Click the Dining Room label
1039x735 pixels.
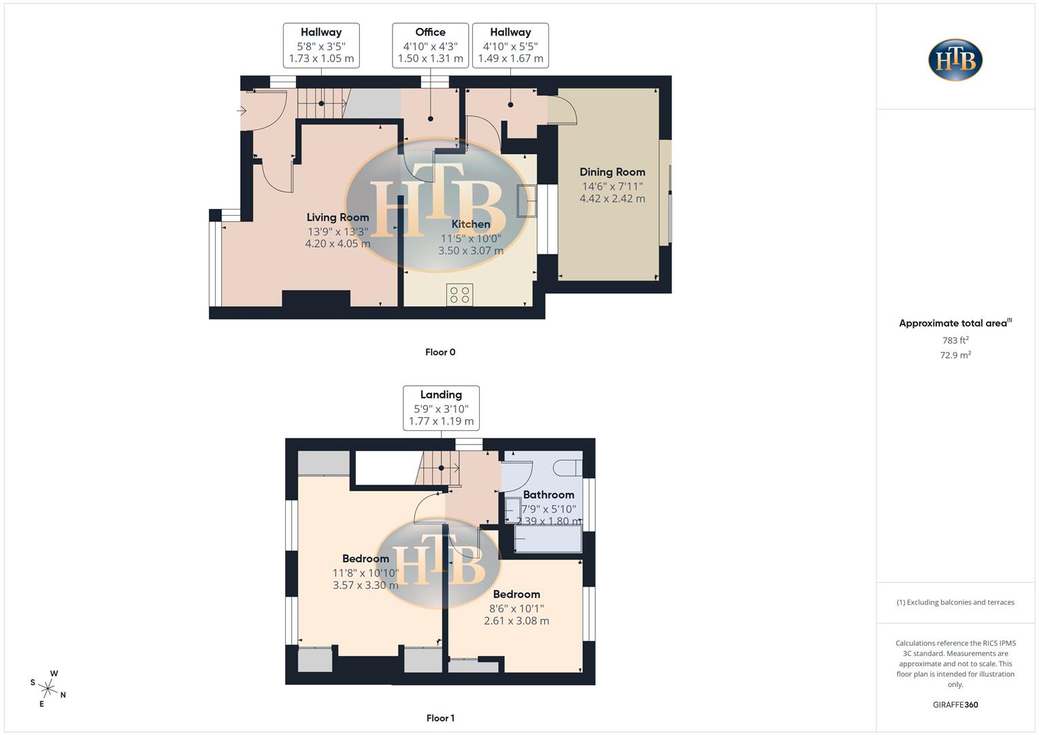(x=612, y=172)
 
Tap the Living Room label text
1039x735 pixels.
(x=337, y=217)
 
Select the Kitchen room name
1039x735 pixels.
(x=470, y=224)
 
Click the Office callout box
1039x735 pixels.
(x=430, y=45)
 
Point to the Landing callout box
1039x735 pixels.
(x=441, y=408)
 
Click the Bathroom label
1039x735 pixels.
(x=548, y=495)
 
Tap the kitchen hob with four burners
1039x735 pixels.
(x=459, y=295)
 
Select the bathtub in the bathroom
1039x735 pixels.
(x=548, y=540)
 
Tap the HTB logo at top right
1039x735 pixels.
(x=955, y=60)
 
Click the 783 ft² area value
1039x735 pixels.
(x=955, y=340)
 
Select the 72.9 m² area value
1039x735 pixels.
(x=955, y=355)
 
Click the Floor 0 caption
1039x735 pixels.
(x=440, y=352)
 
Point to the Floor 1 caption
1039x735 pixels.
(x=440, y=718)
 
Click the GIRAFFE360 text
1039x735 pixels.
(x=955, y=704)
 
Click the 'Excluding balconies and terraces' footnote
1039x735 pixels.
(x=955, y=602)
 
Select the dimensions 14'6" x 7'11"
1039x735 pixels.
(x=612, y=186)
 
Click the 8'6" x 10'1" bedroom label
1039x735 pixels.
(x=516, y=608)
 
